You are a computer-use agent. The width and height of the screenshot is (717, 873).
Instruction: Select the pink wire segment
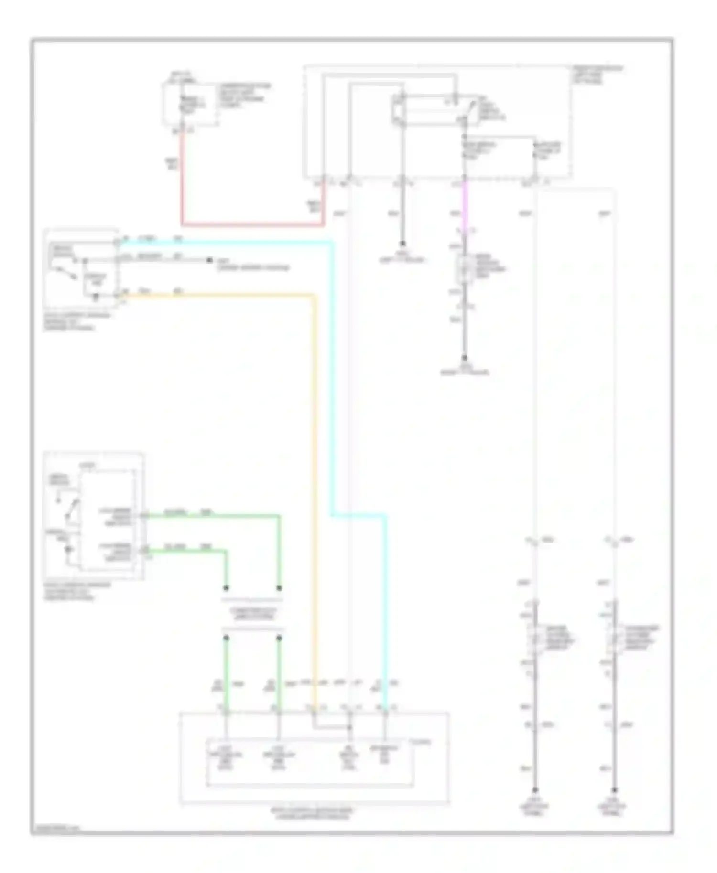pos(464,205)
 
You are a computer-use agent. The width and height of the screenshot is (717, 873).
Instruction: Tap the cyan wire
pos(332,382)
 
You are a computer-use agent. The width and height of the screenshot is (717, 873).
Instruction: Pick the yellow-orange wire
pos(315,478)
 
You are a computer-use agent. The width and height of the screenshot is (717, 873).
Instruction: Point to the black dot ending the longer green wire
pos(280,587)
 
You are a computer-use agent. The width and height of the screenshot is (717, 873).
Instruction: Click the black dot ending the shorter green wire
pos(227,587)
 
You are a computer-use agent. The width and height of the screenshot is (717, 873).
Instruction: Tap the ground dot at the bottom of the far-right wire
pos(614,790)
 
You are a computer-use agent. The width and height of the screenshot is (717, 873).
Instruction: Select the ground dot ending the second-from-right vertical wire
pos(535,790)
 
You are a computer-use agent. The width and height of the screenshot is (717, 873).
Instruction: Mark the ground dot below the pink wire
pos(464,357)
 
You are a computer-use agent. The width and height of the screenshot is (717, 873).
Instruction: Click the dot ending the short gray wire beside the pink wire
pos(402,243)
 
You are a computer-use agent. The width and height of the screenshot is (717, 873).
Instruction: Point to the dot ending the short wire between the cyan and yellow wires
pos(209,260)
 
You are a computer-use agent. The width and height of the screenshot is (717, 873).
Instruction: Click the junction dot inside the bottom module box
pos(349,728)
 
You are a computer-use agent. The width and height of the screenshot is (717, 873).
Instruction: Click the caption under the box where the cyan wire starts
pos(76,321)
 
